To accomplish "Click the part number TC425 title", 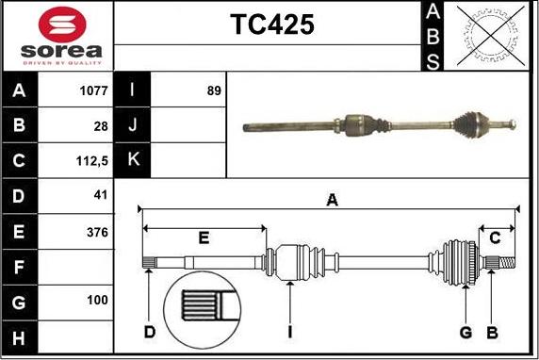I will pyautogui.click(x=272, y=25).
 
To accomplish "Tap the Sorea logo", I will pyautogui.click(x=59, y=36).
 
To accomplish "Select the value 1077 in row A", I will pyautogui.click(x=93, y=91).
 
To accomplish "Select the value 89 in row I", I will pyautogui.click(x=213, y=91).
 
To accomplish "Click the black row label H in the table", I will pyautogui.click(x=20, y=337).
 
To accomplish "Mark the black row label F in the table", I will pyautogui.click(x=20, y=267).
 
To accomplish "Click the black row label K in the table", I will pyautogui.click(x=133, y=161).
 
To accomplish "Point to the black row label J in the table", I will pyautogui.click(x=133, y=126).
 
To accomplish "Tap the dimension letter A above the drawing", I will pyautogui.click(x=331, y=199).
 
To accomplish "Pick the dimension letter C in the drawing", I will pyautogui.click(x=495, y=237).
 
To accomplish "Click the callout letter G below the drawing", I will pyautogui.click(x=465, y=332).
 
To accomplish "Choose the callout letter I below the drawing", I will pyautogui.click(x=291, y=332).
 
